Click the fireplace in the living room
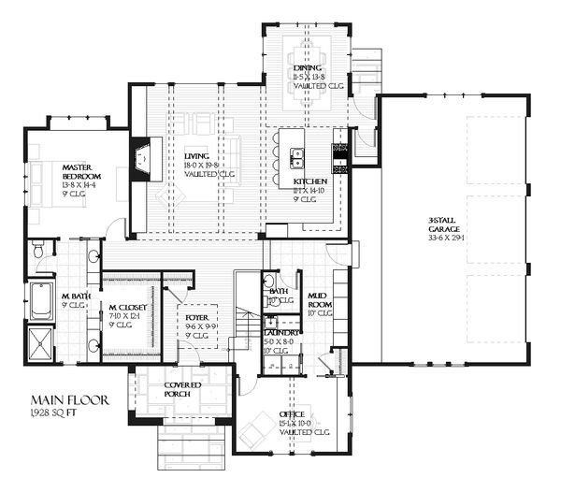140,158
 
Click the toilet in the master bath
37,250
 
